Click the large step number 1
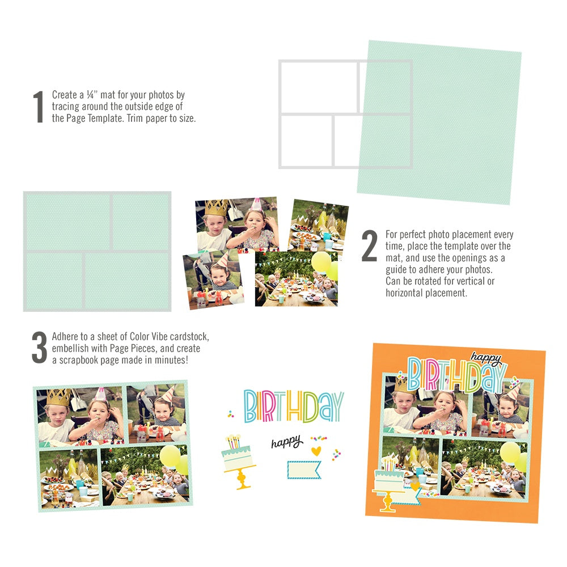click(38, 107)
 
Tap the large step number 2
click(369, 247)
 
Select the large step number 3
click(39, 348)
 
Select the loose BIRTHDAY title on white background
click(294, 407)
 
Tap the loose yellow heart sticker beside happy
click(316, 451)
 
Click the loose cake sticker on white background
click(239, 461)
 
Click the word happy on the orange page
click(486, 358)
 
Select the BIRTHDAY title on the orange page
click(456, 375)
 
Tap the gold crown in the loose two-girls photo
click(216, 208)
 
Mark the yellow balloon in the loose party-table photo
click(321, 262)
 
